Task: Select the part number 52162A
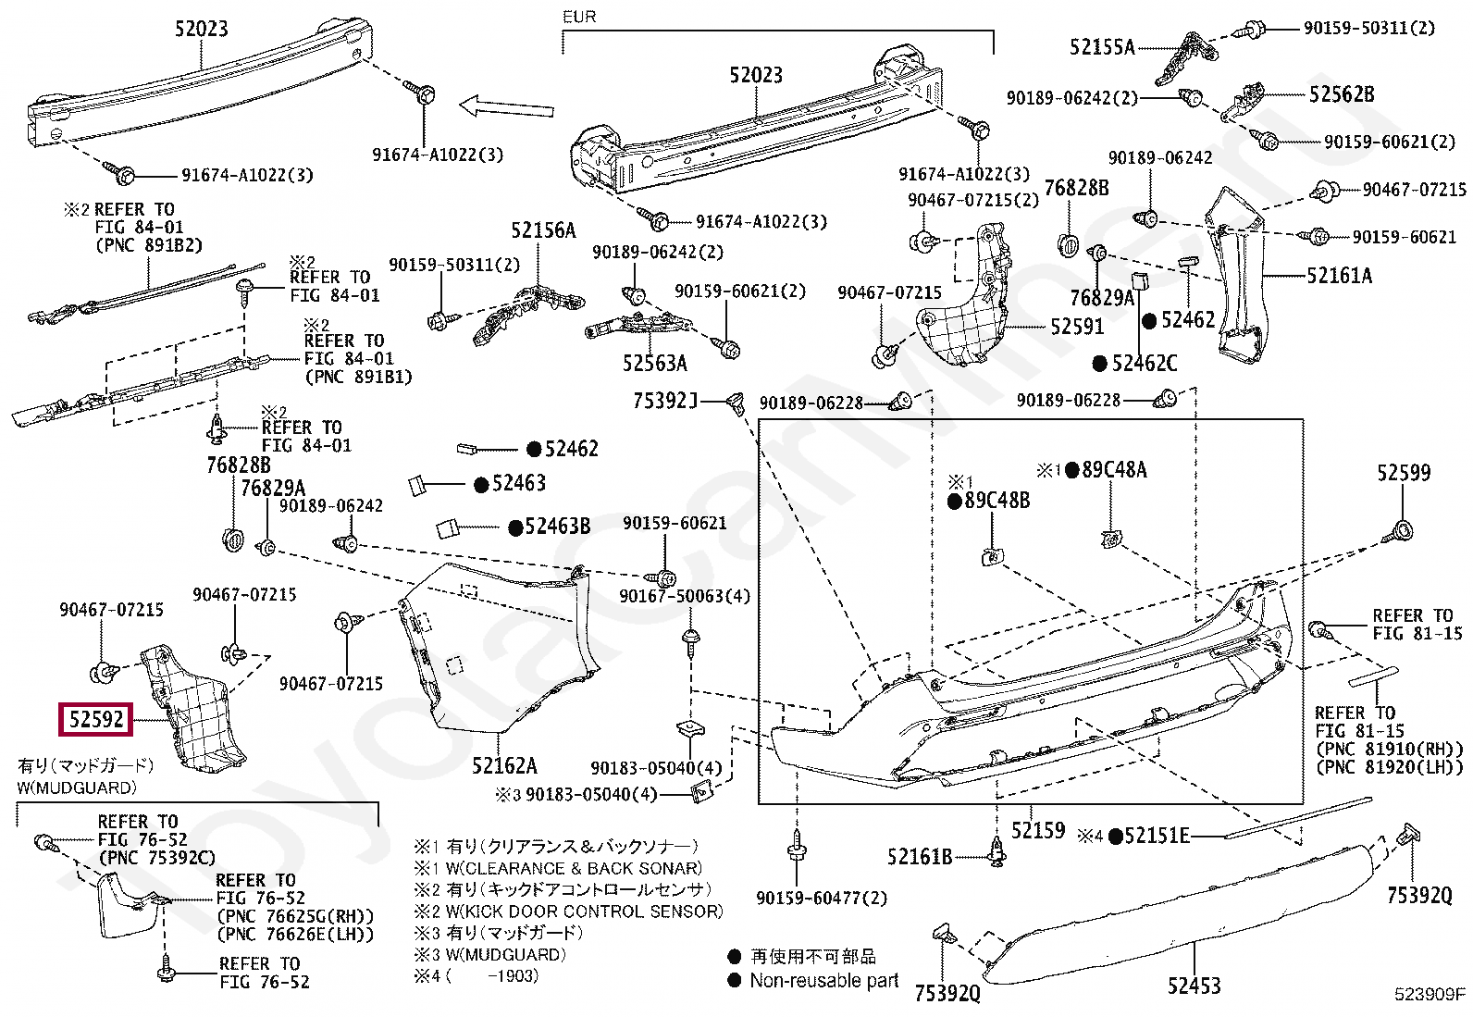pos(504,765)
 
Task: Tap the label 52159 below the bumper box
pos(1037,831)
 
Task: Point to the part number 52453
pos(1193,986)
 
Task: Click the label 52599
pos(1403,473)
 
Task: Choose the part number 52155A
pos(1101,47)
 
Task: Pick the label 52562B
pos(1341,94)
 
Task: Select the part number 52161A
pos(1339,275)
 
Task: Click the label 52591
pos(1077,327)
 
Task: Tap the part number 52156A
pos(543,230)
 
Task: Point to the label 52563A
pos(655,363)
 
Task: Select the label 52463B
pos(557,527)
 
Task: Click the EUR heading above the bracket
pos(579,17)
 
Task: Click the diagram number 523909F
pos(1430,994)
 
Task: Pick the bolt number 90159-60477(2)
pos(821,899)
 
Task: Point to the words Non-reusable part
pos(823,980)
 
